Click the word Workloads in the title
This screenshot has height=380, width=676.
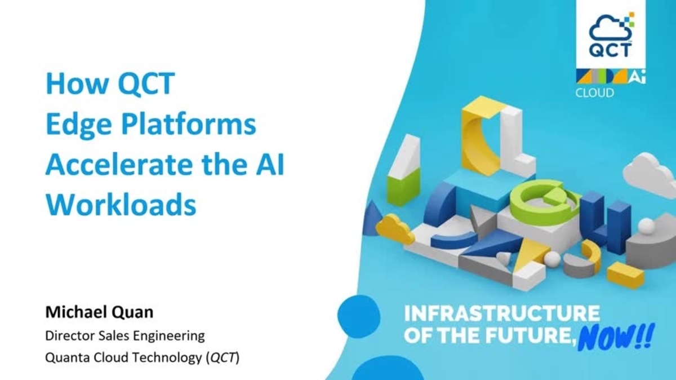(x=121, y=205)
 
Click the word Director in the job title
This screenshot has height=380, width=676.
(x=67, y=336)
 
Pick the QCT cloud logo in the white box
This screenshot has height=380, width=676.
(x=610, y=35)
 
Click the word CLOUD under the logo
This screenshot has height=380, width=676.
(x=594, y=92)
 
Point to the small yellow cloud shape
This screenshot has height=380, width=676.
(x=395, y=228)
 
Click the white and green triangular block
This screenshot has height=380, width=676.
(x=404, y=165)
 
